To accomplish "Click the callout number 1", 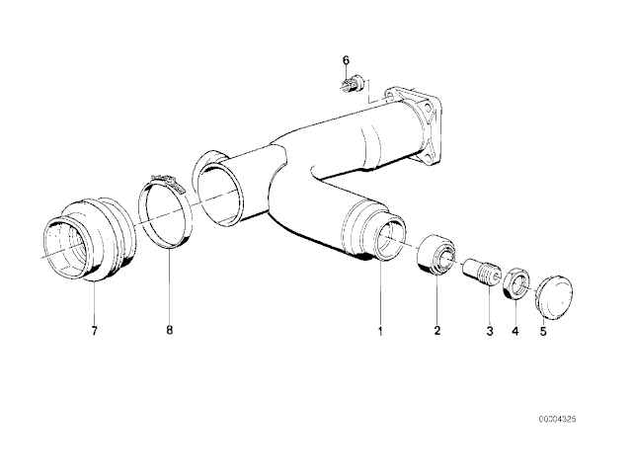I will click(x=378, y=331).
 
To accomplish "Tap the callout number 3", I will click(x=487, y=331).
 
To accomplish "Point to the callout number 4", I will click(x=514, y=331).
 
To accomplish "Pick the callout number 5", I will click(x=542, y=331).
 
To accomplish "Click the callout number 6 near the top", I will click(x=347, y=60).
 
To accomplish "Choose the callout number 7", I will click(x=95, y=331).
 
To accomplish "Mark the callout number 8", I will click(x=169, y=331).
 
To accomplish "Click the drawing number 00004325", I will click(x=556, y=420).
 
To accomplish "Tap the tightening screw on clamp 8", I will click(x=162, y=179).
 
